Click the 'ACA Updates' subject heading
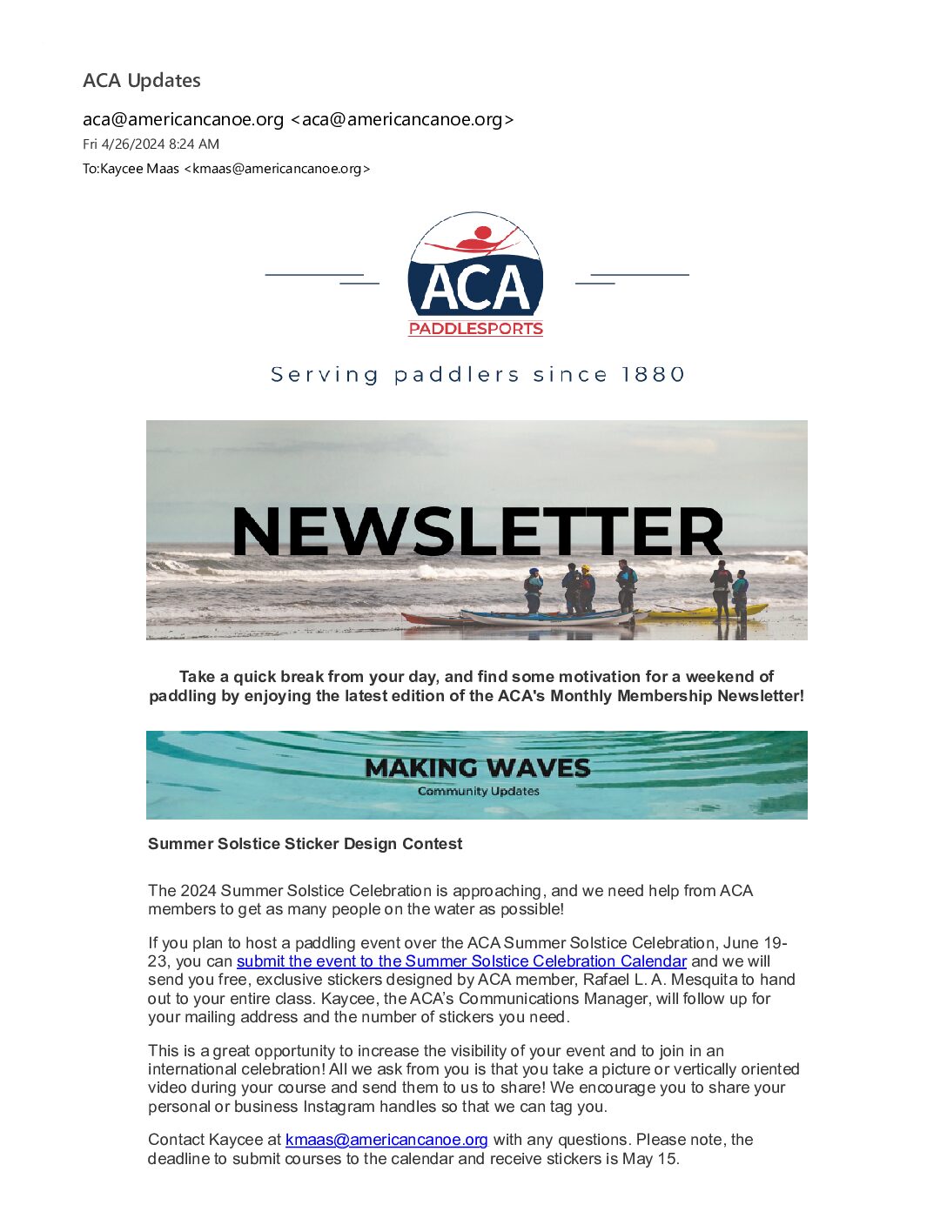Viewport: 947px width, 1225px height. [142, 81]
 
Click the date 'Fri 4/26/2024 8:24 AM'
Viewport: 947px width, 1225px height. [151, 144]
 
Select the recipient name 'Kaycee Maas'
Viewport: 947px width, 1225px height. [139, 169]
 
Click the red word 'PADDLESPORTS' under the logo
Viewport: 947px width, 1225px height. [475, 329]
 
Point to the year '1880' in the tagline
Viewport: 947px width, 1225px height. [654, 375]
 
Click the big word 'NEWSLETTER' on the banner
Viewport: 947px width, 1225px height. [477, 532]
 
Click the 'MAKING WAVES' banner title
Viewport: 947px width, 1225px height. [477, 768]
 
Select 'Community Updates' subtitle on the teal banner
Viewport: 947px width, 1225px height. [478, 792]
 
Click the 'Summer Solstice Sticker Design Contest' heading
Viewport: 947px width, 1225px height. [305, 844]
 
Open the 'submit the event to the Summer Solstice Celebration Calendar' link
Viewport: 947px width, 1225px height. [461, 961]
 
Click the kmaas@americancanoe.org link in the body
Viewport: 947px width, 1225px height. [386, 1140]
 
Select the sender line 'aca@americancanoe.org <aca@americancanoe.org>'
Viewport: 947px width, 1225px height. [298, 120]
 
